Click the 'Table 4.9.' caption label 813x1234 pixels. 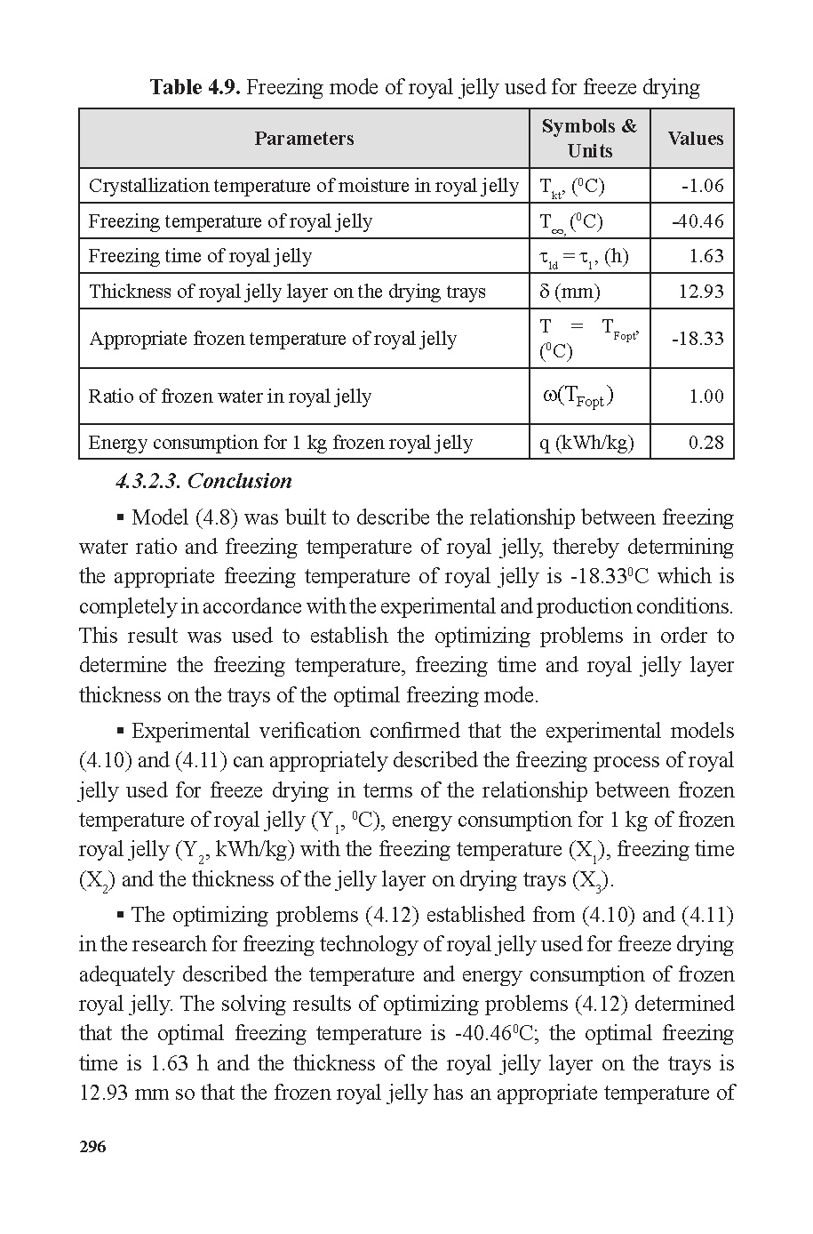pos(195,87)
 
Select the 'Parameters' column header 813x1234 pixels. pos(304,139)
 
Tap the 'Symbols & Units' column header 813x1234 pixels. pos(589,139)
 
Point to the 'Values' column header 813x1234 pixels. pos(695,139)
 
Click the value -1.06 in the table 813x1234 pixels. pos(702,186)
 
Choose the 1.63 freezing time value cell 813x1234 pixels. pos(706,256)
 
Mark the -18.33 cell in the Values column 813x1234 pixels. pos(697,339)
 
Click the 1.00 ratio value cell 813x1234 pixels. pos(706,397)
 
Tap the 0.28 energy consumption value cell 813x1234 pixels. pos(706,443)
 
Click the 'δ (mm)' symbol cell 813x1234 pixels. pos(570,292)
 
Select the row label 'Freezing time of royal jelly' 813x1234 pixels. pos(200,256)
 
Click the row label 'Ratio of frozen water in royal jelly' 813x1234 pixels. pos(229,397)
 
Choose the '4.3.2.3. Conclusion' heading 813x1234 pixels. pos(203,481)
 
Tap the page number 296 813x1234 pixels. pos(92,1147)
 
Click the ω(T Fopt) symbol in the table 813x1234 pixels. pos(578,397)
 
